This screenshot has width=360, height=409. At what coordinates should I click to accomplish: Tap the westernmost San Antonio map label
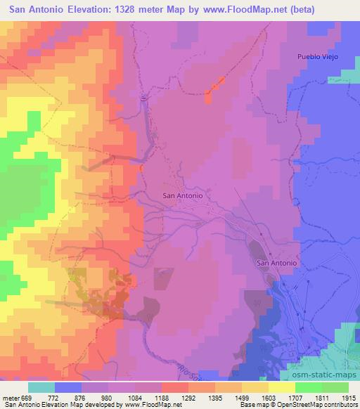pos(183,196)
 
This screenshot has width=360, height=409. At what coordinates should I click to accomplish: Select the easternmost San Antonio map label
pos(277,263)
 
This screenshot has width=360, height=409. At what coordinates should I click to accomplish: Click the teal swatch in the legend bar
pos(41,387)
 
